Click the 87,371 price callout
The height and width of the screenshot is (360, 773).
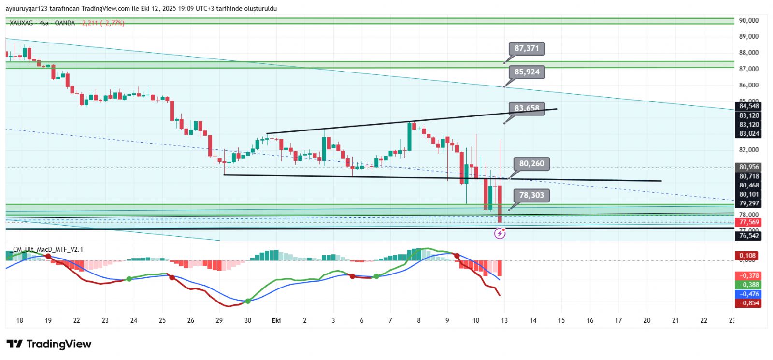(x=526, y=48)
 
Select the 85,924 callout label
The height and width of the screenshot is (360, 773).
(x=526, y=72)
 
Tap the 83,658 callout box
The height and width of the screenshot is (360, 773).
(x=526, y=108)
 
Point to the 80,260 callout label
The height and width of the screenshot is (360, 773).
(x=531, y=164)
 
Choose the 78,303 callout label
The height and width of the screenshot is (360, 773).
(x=531, y=195)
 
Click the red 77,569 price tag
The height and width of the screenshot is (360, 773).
(x=749, y=222)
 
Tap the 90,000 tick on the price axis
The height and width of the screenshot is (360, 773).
(x=748, y=20)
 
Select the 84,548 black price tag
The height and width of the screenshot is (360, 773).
(x=749, y=106)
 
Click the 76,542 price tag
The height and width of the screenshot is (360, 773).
(x=749, y=236)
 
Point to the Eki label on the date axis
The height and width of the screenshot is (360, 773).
(x=276, y=320)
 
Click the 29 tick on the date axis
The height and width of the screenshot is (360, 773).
(x=219, y=320)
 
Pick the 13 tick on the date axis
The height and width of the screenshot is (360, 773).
(x=504, y=320)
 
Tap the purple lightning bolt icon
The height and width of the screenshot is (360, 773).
(x=500, y=234)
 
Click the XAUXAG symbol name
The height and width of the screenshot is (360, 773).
(x=22, y=23)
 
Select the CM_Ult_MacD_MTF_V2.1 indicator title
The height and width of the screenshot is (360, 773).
(x=48, y=249)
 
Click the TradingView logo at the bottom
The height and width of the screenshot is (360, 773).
(x=49, y=344)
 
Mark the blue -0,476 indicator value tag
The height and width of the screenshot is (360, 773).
(x=749, y=294)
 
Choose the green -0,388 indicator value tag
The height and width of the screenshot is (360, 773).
(x=749, y=285)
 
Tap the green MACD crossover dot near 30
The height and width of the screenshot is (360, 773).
(x=248, y=301)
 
